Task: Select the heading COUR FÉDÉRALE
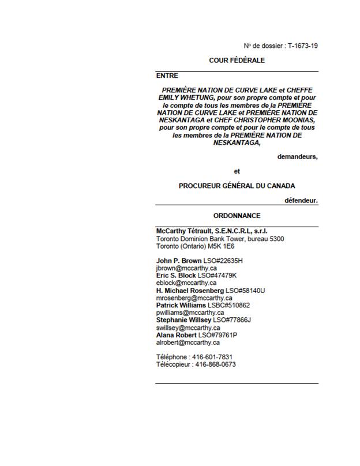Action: click(x=237, y=60)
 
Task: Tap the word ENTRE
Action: click(x=167, y=76)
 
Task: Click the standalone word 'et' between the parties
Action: click(x=237, y=171)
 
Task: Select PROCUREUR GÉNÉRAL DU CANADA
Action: click(x=237, y=186)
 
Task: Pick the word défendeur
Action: click(x=301, y=201)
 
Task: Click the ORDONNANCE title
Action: click(x=237, y=216)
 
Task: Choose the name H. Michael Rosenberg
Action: click(x=190, y=291)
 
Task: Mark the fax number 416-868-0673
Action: click(x=215, y=364)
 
